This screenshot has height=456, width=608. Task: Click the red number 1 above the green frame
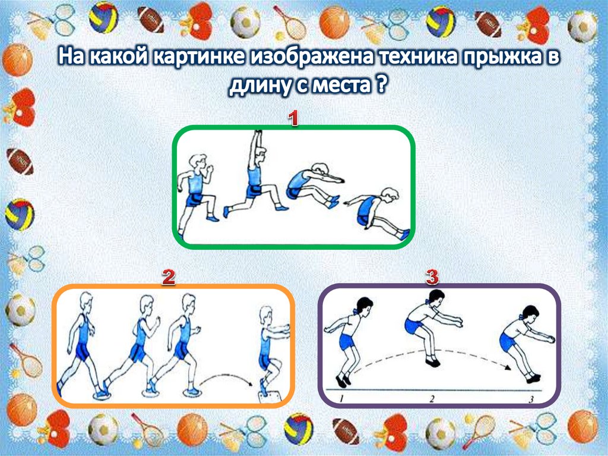(293, 118)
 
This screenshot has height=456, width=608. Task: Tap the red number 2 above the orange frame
(168, 277)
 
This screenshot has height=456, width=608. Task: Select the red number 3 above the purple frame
(432, 277)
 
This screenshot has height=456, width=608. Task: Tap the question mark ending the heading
(382, 83)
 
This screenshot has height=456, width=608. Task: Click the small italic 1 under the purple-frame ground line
(341, 397)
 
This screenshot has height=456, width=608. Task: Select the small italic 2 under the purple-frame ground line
(432, 398)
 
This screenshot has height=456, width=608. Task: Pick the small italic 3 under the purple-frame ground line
(531, 398)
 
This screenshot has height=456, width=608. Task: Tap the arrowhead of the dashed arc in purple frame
(507, 367)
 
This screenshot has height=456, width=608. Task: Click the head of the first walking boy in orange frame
(86, 301)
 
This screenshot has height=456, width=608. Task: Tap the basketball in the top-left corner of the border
(17, 60)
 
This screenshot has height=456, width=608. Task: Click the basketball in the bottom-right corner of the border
(583, 426)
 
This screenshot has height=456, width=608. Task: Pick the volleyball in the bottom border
(298, 429)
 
